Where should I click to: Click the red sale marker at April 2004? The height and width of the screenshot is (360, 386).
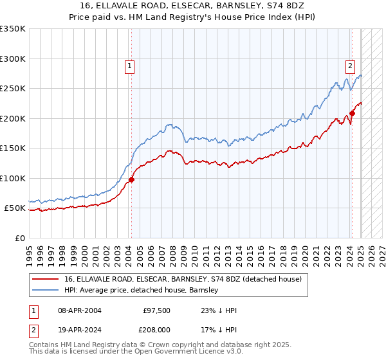[131, 180]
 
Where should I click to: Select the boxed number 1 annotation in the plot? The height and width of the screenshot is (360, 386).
[129, 65]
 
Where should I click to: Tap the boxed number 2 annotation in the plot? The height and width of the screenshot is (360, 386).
[350, 65]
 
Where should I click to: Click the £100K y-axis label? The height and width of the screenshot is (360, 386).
[13, 178]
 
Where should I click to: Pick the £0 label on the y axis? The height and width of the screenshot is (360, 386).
[20, 238]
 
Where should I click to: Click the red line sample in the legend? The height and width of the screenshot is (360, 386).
[46, 279]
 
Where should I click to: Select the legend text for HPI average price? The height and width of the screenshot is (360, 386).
[142, 290]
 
